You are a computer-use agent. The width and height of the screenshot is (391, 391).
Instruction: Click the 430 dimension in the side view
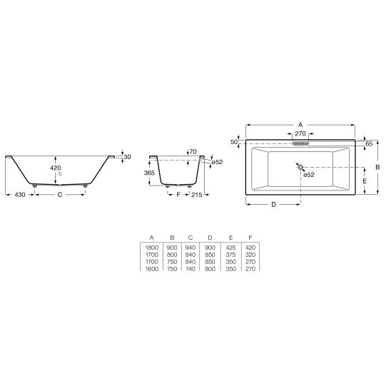[20, 195]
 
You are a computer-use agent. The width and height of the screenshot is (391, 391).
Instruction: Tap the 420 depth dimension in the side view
[56, 168]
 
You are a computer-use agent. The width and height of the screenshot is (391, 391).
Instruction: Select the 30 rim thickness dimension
[127, 157]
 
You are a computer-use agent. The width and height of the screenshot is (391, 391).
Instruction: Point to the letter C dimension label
[60, 195]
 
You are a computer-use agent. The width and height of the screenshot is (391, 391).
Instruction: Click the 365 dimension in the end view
[149, 173]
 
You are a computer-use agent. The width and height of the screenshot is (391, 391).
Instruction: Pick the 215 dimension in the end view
[197, 195]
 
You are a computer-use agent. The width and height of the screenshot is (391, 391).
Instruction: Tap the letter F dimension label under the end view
[178, 195]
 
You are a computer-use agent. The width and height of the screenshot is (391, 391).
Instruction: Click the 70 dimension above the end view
[193, 151]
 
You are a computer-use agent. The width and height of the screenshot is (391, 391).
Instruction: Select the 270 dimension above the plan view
[300, 133]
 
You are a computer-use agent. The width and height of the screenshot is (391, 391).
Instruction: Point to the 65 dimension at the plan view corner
[369, 144]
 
